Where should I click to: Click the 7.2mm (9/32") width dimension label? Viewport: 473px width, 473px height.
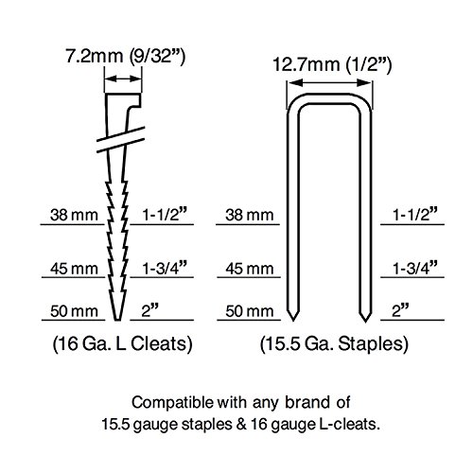125,56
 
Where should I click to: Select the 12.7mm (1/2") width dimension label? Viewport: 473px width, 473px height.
332,64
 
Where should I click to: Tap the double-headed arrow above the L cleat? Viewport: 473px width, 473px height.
123,79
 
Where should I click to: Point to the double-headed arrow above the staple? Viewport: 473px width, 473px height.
329,83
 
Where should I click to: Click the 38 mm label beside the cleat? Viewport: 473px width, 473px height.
74,215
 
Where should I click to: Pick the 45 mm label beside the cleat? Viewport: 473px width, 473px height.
74,269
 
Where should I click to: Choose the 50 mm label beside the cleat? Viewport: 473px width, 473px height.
74,311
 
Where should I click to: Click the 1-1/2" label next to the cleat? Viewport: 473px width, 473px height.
164,215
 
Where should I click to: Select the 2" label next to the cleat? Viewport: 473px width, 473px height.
149,310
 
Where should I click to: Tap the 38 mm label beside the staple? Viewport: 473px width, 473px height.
250,215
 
